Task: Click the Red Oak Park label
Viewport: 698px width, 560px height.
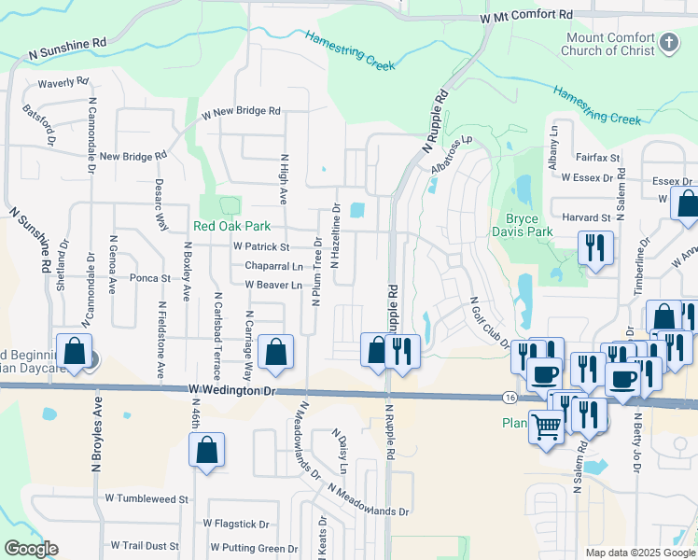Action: (231, 226)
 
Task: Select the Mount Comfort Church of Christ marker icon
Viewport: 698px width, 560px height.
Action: (669, 42)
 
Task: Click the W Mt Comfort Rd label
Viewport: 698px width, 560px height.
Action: (527, 17)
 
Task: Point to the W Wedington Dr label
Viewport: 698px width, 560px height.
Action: (232, 390)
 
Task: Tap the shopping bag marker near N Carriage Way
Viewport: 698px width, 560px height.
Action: (275, 352)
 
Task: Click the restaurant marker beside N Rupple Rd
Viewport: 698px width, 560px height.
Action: (402, 352)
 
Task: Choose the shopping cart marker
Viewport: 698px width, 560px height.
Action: (547, 427)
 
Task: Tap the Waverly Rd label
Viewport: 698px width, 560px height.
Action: (63, 83)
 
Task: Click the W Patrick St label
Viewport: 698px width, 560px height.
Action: (261, 247)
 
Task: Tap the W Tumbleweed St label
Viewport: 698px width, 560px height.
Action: (147, 499)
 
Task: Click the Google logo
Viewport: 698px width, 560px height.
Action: (31, 549)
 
